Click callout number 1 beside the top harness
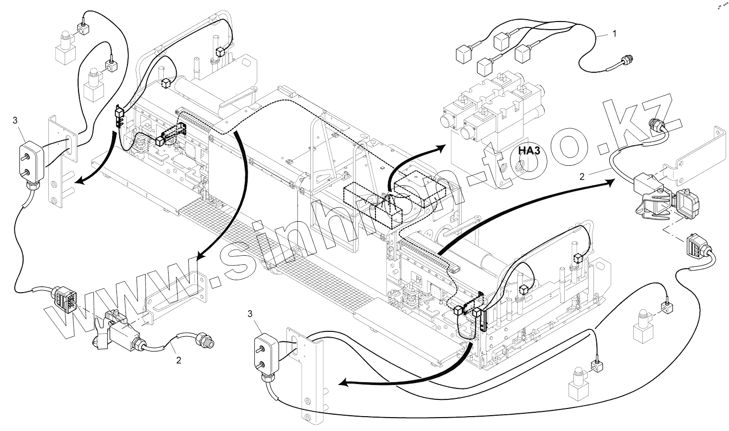615,34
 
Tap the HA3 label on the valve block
529,151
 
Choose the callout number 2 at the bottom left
179,360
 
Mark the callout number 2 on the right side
582,176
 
